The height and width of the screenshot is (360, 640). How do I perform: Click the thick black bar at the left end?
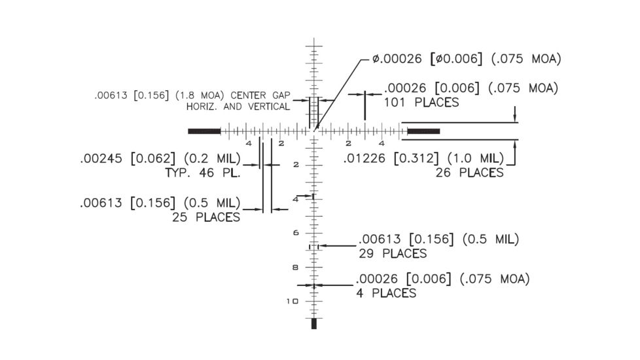point(204,132)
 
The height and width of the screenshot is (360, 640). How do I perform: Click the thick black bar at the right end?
point(423,132)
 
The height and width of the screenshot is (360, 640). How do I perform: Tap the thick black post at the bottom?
point(314,323)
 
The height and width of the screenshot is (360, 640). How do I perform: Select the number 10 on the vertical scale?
point(293,301)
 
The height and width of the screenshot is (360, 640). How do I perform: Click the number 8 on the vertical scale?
point(296,267)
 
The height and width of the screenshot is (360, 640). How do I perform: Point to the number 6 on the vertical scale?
point(296,232)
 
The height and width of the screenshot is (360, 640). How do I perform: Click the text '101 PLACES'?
point(421,102)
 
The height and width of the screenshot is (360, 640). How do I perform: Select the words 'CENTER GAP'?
point(260,96)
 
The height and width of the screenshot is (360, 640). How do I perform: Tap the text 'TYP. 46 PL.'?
point(203,173)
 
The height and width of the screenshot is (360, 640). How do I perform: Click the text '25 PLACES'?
point(206,217)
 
